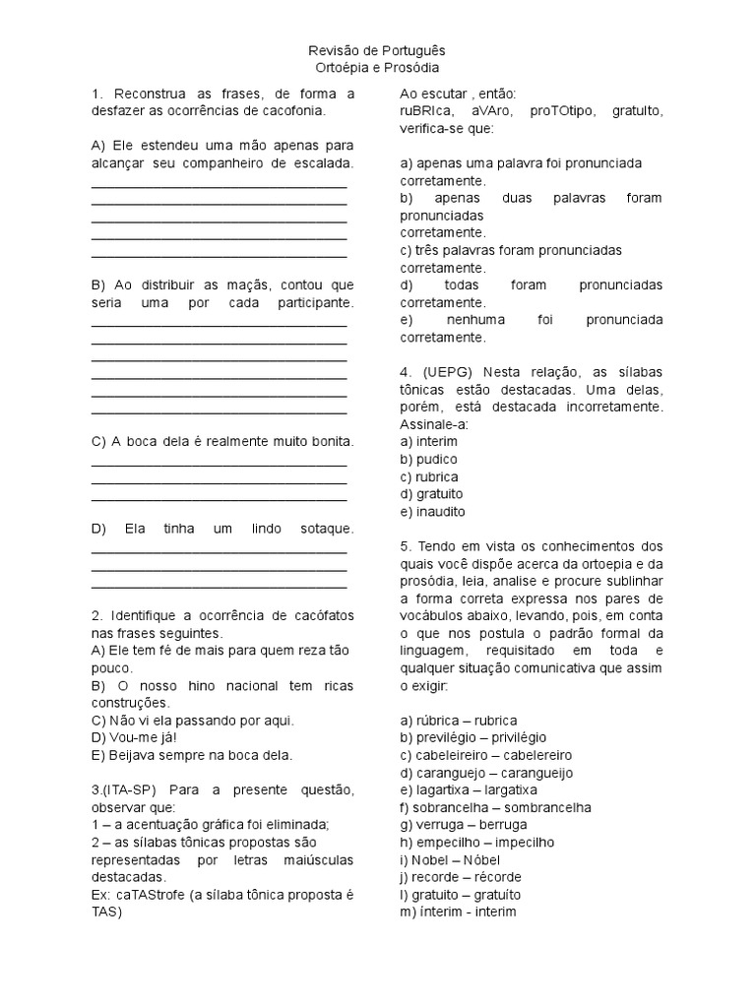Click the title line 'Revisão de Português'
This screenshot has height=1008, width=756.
[x=378, y=50]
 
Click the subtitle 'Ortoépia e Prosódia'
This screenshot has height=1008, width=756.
[x=378, y=67]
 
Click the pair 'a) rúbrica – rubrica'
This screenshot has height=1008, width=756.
[x=459, y=720]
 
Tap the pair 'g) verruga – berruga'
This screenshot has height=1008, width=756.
[x=464, y=824]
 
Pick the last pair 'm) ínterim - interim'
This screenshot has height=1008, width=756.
[x=458, y=912]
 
